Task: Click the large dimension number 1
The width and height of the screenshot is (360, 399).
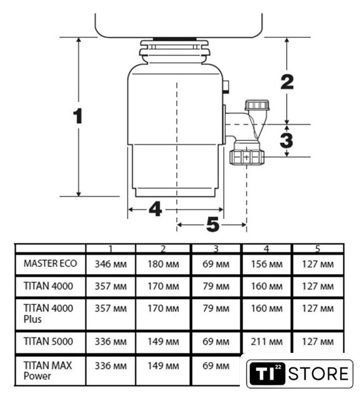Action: click(x=78, y=116)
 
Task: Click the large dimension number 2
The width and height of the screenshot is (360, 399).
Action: click(x=287, y=82)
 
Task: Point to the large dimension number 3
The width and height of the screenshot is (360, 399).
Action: click(x=287, y=140)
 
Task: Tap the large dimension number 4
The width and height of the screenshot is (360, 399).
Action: click(x=155, y=209)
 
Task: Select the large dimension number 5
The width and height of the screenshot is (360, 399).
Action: click(x=213, y=224)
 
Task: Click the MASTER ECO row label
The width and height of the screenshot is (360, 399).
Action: click(x=50, y=263)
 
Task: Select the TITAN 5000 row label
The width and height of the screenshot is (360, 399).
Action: click(x=49, y=341)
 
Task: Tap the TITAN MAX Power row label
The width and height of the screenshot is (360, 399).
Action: click(x=48, y=370)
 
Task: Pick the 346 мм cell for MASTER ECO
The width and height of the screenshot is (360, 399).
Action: click(x=111, y=264)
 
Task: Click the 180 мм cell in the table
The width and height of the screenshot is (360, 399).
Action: click(x=163, y=264)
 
